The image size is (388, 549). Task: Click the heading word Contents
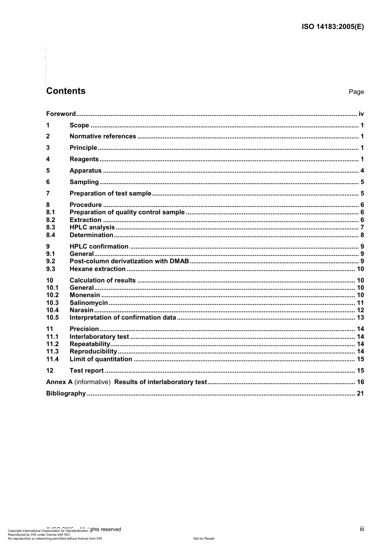[66, 91]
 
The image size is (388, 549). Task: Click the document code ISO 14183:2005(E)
[332, 27]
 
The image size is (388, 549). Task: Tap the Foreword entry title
[61, 114]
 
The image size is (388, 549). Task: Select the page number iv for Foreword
[361, 114]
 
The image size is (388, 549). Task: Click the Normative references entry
[103, 136]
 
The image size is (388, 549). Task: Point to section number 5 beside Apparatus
[48, 171]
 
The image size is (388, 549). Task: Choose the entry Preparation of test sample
[110, 193]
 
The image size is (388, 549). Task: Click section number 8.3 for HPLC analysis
[51, 227]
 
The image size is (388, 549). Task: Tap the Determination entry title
[91, 235]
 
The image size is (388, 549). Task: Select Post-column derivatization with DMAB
[129, 261]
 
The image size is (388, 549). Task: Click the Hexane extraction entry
[98, 269]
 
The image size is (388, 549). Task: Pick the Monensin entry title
[85, 295]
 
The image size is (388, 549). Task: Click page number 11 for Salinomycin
[360, 303]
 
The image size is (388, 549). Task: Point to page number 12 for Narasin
[360, 310]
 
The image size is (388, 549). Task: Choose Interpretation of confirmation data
[123, 318]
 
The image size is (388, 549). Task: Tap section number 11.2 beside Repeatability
[52, 344]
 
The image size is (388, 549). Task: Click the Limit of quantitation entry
[101, 359]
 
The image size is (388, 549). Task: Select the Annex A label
[59, 382]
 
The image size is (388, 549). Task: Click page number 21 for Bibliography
[360, 393]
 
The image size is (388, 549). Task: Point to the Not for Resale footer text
[204, 538]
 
